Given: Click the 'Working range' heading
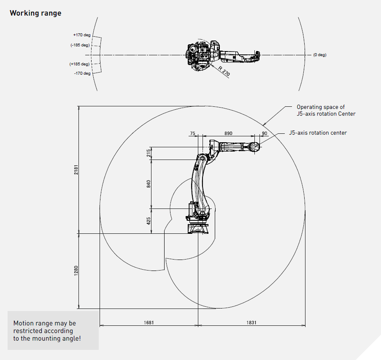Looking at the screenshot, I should pos(35,13).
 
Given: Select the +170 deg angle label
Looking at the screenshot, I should pos(81,35).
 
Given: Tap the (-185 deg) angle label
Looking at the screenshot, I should pos(80,45).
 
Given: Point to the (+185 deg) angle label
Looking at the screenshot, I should pos(80,64).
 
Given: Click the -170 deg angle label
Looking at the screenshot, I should pos(82,73).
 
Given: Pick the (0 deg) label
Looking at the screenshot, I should pos(319,55).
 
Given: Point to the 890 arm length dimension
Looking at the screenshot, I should pos(228,133).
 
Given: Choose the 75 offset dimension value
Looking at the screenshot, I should pos(192,133).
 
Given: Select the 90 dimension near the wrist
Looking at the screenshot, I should pos(265,133).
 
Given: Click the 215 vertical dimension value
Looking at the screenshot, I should pos(149,153).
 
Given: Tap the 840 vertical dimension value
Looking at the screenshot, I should pos(149,184).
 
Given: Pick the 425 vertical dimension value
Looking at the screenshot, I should pos(149,220).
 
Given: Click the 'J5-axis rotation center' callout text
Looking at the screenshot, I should pos(318,133).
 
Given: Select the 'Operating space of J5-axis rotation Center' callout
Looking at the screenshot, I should pos(326,111).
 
